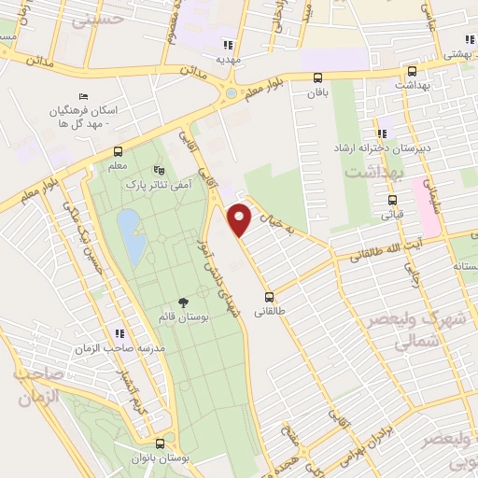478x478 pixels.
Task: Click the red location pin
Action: click(x=241, y=218)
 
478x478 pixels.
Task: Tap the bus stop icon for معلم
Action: click(x=119, y=151)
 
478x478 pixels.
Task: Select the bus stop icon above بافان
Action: click(x=318, y=78)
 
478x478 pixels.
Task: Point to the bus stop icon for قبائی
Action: click(x=391, y=199)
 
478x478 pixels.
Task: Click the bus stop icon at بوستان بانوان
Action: click(x=160, y=443)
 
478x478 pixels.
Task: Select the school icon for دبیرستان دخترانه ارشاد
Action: click(x=383, y=134)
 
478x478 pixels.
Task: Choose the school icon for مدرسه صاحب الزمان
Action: click(x=119, y=333)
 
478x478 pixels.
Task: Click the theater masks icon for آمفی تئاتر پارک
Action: click(x=158, y=172)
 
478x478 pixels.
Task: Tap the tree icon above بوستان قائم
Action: click(x=182, y=302)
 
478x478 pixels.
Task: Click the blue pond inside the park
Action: click(x=131, y=236)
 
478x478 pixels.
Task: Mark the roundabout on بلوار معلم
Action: click(x=230, y=93)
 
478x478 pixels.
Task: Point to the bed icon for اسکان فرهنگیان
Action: click(x=83, y=96)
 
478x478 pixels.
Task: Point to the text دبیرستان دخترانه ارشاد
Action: click(x=384, y=148)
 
